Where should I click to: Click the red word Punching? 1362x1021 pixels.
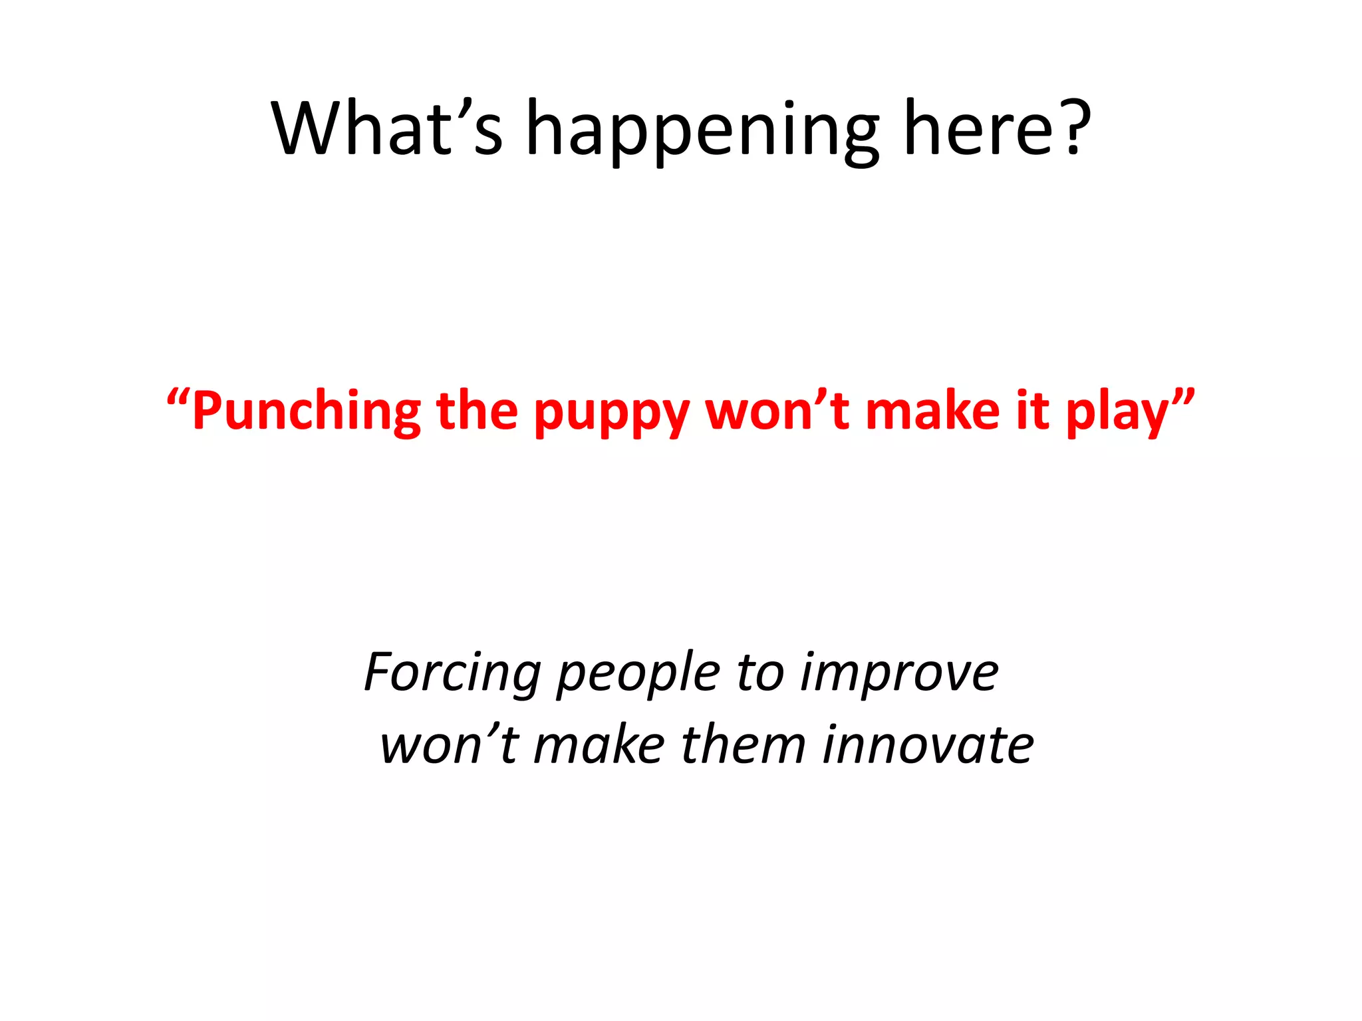click(x=307, y=412)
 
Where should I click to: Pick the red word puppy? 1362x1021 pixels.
click(x=611, y=415)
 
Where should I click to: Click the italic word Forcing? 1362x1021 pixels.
click(x=452, y=673)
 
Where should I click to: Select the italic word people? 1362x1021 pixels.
click(x=638, y=675)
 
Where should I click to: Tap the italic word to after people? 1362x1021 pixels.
click(x=759, y=673)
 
